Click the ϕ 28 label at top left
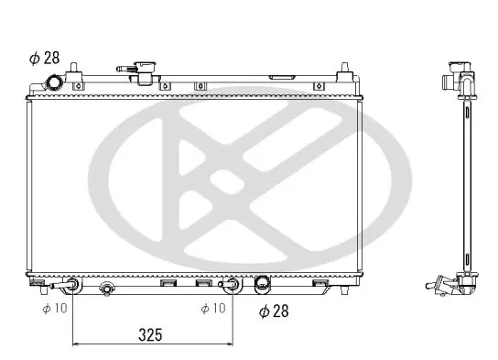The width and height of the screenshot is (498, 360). click(45, 58)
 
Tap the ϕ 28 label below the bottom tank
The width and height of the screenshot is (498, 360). click(274, 311)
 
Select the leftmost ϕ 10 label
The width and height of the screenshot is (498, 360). click(55, 308)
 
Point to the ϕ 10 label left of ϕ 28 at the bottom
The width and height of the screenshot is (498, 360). click(213, 308)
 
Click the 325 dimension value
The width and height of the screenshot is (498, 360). click(150, 335)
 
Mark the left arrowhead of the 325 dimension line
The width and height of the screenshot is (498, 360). click(76, 344)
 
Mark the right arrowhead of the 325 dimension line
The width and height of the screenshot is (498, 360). click(230, 344)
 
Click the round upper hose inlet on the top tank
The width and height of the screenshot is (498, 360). click(55, 83)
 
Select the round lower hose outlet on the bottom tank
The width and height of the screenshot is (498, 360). click(263, 283)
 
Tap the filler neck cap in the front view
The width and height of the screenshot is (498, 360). click(145, 68)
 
